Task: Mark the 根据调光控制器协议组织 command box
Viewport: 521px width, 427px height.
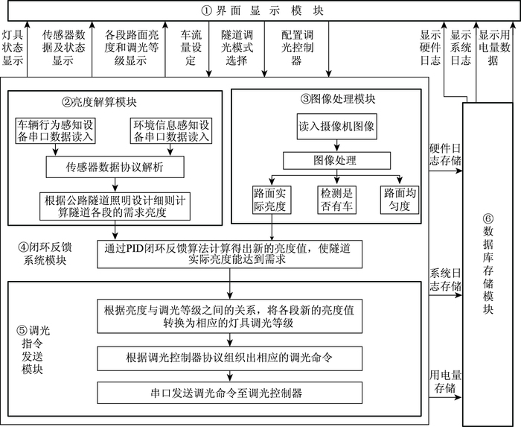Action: [229, 358]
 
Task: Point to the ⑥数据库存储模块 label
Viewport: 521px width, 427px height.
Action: [488, 265]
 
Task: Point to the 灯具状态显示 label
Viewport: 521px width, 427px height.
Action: [12, 47]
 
